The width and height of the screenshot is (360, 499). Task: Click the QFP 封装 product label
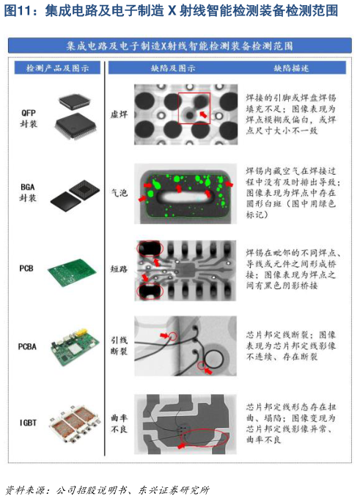coord(29,118)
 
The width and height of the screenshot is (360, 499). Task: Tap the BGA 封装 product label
coord(28,192)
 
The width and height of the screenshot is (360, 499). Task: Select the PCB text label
coord(26,269)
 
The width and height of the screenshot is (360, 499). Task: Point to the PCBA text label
coord(27,346)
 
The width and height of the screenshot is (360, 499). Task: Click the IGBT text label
coord(28,423)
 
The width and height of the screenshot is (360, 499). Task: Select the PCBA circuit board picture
coord(75,347)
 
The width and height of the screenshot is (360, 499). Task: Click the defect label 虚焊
coord(119,114)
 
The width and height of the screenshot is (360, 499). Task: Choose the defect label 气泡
coord(119,192)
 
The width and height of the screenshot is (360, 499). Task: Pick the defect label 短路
coord(119,269)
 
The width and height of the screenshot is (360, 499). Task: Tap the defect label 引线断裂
coord(119,346)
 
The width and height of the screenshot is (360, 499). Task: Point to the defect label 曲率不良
coord(119,423)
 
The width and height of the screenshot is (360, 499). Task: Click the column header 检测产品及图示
coord(57,68)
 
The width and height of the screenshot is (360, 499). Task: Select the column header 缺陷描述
coord(291,68)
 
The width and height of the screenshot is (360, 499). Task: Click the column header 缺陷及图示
coord(173,68)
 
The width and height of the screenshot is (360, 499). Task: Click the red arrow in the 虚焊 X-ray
coord(204,114)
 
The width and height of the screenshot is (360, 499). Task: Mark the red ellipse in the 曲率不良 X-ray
coord(204,429)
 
